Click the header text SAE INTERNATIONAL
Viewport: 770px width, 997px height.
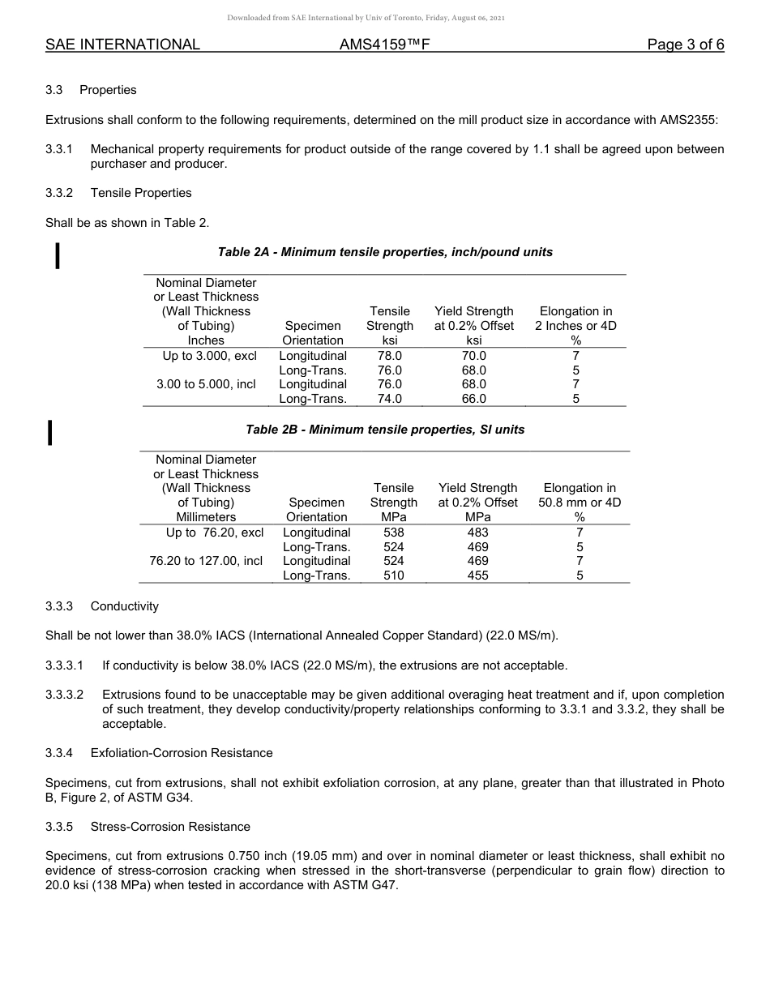pyautogui.click(x=122, y=45)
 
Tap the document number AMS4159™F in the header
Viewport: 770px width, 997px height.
pyautogui.click(x=384, y=45)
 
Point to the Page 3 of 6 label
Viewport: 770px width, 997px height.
pyautogui.click(x=685, y=45)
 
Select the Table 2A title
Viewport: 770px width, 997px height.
pyautogui.click(x=385, y=252)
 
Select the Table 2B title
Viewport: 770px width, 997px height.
pyautogui.click(x=385, y=430)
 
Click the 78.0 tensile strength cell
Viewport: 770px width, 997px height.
pyautogui.click(x=390, y=356)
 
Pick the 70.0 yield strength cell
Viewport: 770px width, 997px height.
pyautogui.click(x=473, y=356)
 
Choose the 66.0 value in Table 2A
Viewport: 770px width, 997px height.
pyautogui.click(x=473, y=399)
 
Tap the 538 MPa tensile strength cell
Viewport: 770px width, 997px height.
pyautogui.click(x=393, y=533)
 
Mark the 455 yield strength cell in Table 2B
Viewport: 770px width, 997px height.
pyautogui.click(x=477, y=576)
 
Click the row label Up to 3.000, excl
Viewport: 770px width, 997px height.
pyautogui.click(x=210, y=356)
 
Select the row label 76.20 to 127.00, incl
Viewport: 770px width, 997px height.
pyautogui.click(x=206, y=561)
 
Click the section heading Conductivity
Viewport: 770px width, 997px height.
pyautogui.click(x=125, y=606)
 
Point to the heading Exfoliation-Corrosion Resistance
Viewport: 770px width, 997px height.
pyautogui.click(x=182, y=753)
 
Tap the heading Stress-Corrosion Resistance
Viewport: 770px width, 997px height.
pyautogui.click(x=170, y=827)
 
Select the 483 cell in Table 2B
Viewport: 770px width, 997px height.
pyautogui.click(x=477, y=533)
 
